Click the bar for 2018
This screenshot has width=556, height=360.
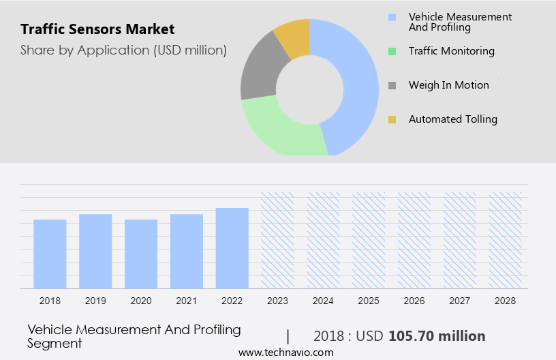[x=50, y=254]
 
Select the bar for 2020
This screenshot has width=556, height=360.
[x=141, y=254]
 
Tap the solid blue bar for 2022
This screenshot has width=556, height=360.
[x=232, y=248]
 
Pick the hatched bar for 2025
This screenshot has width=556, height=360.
[x=369, y=240]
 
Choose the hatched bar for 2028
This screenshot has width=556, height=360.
[x=505, y=240]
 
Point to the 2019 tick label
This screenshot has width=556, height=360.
[x=95, y=300]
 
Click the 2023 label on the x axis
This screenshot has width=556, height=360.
[x=277, y=300]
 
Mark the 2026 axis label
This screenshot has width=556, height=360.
[x=414, y=300]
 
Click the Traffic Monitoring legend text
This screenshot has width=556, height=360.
[x=451, y=51]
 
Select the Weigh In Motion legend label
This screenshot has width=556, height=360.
[x=448, y=85]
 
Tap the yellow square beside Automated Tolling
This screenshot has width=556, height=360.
[x=392, y=120]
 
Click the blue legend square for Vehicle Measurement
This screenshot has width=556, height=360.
[x=392, y=17]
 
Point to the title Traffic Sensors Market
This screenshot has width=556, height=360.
[x=97, y=29]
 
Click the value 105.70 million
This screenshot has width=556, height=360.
[x=437, y=336]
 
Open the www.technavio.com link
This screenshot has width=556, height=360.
[x=286, y=352]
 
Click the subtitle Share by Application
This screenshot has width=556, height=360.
[x=123, y=50]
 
